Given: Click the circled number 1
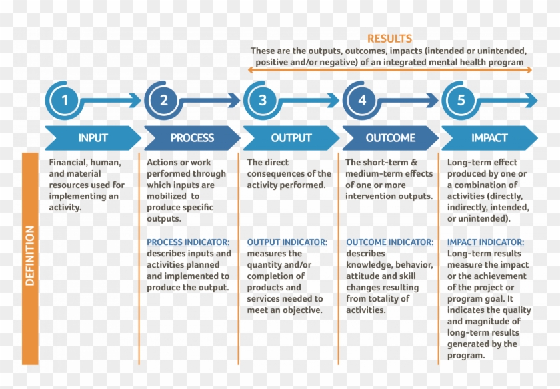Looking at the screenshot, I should tap(65, 101).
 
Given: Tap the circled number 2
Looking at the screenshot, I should tap(163, 101).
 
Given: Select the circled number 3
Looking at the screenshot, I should tap(263, 101).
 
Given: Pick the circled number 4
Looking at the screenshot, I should tap(362, 101).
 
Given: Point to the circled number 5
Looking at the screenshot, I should tap(461, 101).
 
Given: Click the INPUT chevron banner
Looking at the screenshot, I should tap(93, 138).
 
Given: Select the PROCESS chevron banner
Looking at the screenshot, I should tap(192, 138).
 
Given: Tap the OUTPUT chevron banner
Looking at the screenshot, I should tap(291, 138).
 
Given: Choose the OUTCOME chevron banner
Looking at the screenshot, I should tap(390, 138).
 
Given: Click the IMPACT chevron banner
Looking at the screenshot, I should tap(489, 138).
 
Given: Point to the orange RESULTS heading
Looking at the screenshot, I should tap(389, 39).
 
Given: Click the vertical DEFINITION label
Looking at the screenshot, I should tap(30, 256).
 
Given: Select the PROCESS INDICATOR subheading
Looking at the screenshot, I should tap(188, 242).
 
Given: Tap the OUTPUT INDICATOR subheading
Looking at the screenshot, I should tap(287, 242).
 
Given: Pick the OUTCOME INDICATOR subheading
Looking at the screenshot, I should tap(389, 242).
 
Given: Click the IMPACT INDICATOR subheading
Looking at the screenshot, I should tap(485, 242).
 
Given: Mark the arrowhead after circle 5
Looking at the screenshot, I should tap(531, 101).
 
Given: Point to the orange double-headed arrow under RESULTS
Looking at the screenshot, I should tap(390, 69).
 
